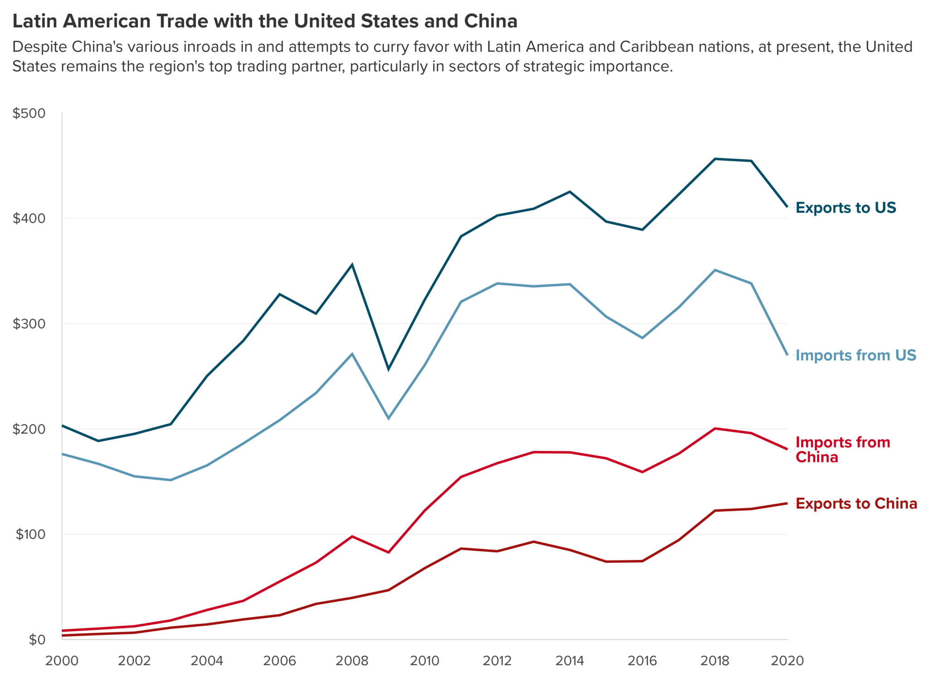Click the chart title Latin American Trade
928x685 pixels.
[265, 21]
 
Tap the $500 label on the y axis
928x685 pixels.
[29, 113]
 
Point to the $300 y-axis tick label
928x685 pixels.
[29, 324]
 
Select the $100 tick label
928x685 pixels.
[30, 534]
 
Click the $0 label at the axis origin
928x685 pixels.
[37, 639]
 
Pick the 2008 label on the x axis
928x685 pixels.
[352, 661]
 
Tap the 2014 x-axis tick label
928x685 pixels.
[570, 661]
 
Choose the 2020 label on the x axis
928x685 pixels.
[787, 661]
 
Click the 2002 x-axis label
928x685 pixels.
[134, 661]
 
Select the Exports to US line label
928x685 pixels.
[846, 208]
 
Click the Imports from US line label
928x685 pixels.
[855, 355]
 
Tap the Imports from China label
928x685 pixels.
[842, 450]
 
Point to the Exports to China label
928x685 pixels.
[856, 503]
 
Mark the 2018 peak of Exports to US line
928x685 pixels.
[715, 159]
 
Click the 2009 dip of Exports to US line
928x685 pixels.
[388, 369]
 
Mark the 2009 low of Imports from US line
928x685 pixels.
[388, 418]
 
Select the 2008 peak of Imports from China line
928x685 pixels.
[352, 537]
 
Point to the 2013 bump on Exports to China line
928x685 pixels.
[533, 541]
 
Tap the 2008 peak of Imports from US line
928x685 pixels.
[352, 354]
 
